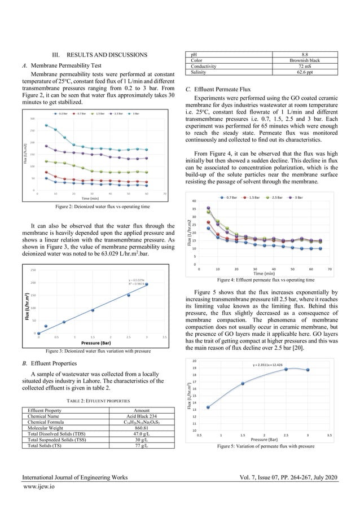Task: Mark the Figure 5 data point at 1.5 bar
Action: click(243, 383)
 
